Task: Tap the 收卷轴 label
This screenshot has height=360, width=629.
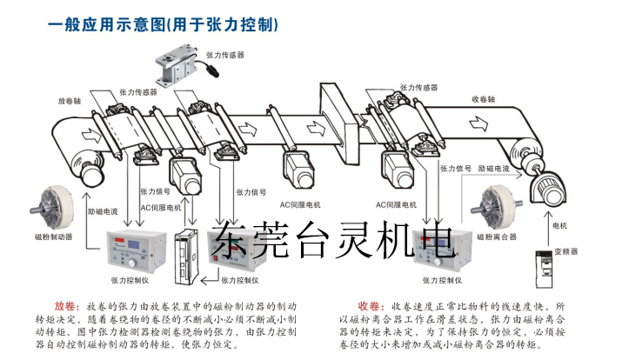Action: click(x=483, y=98)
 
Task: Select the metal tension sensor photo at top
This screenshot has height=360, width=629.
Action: click(x=178, y=59)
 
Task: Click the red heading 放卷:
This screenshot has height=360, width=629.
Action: click(x=67, y=307)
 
